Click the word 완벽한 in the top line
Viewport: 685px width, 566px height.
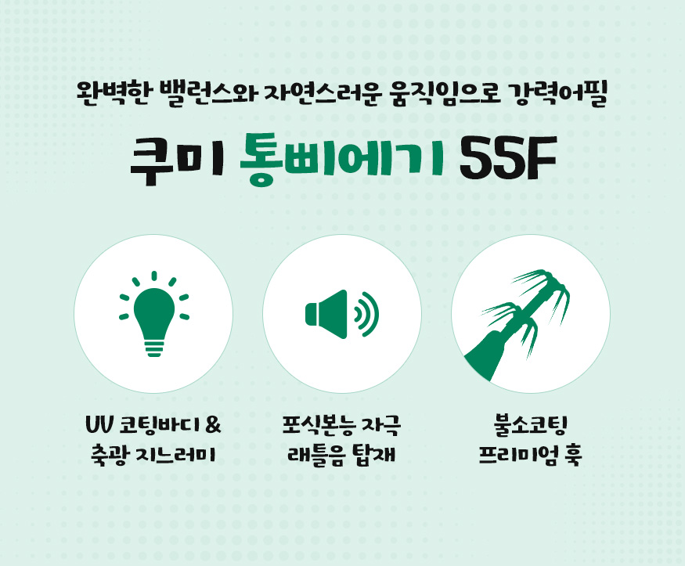coord(115,93)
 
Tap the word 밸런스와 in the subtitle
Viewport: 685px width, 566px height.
coord(209,93)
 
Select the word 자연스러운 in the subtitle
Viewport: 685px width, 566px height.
coord(323,93)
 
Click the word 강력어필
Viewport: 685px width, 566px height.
coord(558,93)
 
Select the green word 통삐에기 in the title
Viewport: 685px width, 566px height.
coord(342,160)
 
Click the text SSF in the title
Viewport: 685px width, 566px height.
coord(507,158)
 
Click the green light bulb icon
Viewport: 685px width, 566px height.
coord(153,314)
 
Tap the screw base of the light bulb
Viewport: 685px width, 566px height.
coord(154,348)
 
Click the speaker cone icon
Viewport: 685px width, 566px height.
coord(326,314)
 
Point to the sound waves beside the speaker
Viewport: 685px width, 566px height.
coord(366,314)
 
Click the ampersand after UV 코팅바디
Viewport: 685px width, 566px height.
coord(212,424)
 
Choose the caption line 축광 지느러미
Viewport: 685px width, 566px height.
coord(153,455)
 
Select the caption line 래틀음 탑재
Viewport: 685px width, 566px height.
coord(341,455)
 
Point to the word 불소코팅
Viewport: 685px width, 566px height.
coord(530,425)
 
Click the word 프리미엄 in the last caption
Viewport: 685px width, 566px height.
coord(517,455)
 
